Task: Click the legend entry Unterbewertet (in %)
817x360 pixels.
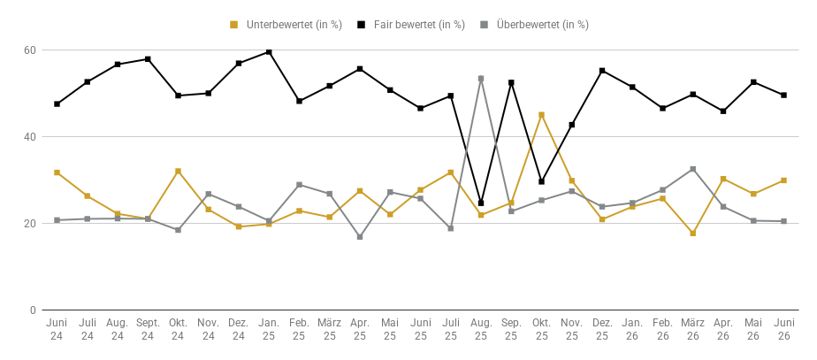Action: (x=286, y=25)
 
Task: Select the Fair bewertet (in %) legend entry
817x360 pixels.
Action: (x=411, y=25)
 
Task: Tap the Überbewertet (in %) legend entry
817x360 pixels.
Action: (x=535, y=25)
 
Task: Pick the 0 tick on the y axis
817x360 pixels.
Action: (x=33, y=310)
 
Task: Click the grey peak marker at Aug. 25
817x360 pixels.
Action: (x=481, y=79)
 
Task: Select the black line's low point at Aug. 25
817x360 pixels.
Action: (x=481, y=203)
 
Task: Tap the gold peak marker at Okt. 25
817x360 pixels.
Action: (x=541, y=115)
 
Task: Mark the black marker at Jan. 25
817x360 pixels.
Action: (x=269, y=52)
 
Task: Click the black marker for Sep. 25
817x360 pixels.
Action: (x=511, y=83)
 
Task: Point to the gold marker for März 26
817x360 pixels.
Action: (x=693, y=234)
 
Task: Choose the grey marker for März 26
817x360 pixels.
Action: (x=693, y=169)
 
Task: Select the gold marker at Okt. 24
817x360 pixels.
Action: (x=179, y=172)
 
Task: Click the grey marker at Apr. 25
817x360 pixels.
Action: (x=360, y=237)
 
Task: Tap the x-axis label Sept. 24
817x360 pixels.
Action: (x=148, y=329)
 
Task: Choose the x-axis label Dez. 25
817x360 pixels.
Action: (x=602, y=329)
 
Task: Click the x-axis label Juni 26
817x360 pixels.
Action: (x=783, y=329)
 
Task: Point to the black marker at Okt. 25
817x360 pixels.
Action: (x=541, y=182)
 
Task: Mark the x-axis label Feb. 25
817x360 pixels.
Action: (x=299, y=329)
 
